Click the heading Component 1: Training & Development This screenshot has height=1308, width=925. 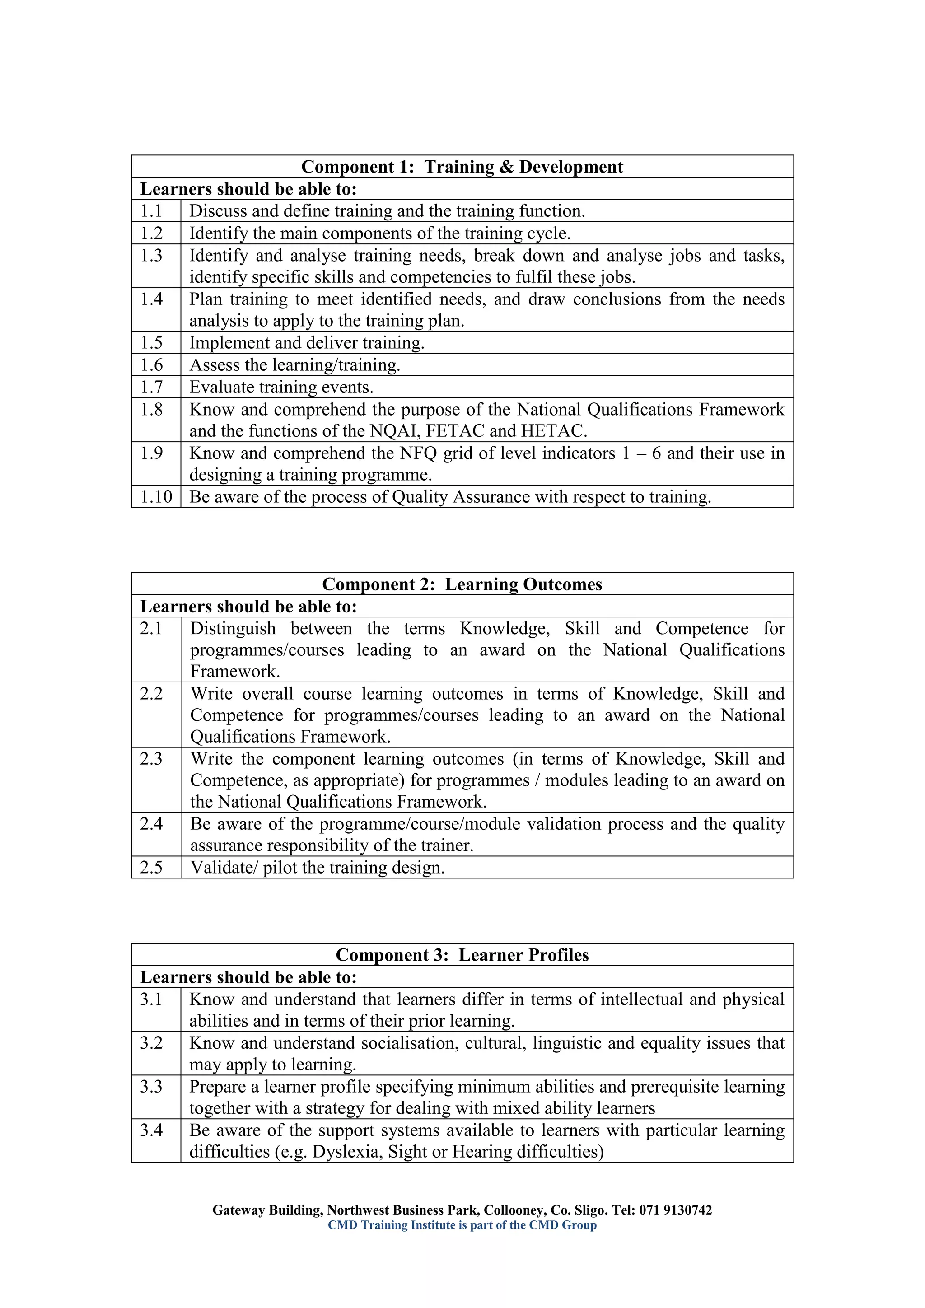[462, 167]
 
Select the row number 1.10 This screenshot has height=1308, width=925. [156, 497]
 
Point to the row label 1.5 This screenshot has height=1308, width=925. [151, 343]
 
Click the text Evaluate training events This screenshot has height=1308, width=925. [281, 388]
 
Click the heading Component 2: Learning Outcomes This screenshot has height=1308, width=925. [462, 584]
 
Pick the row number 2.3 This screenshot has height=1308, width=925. [151, 759]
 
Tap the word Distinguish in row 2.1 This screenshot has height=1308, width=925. [233, 629]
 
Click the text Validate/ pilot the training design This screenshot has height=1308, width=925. [317, 868]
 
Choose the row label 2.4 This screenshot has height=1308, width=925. [151, 824]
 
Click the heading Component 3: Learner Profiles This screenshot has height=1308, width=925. [462, 955]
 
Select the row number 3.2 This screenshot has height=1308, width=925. [151, 1043]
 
